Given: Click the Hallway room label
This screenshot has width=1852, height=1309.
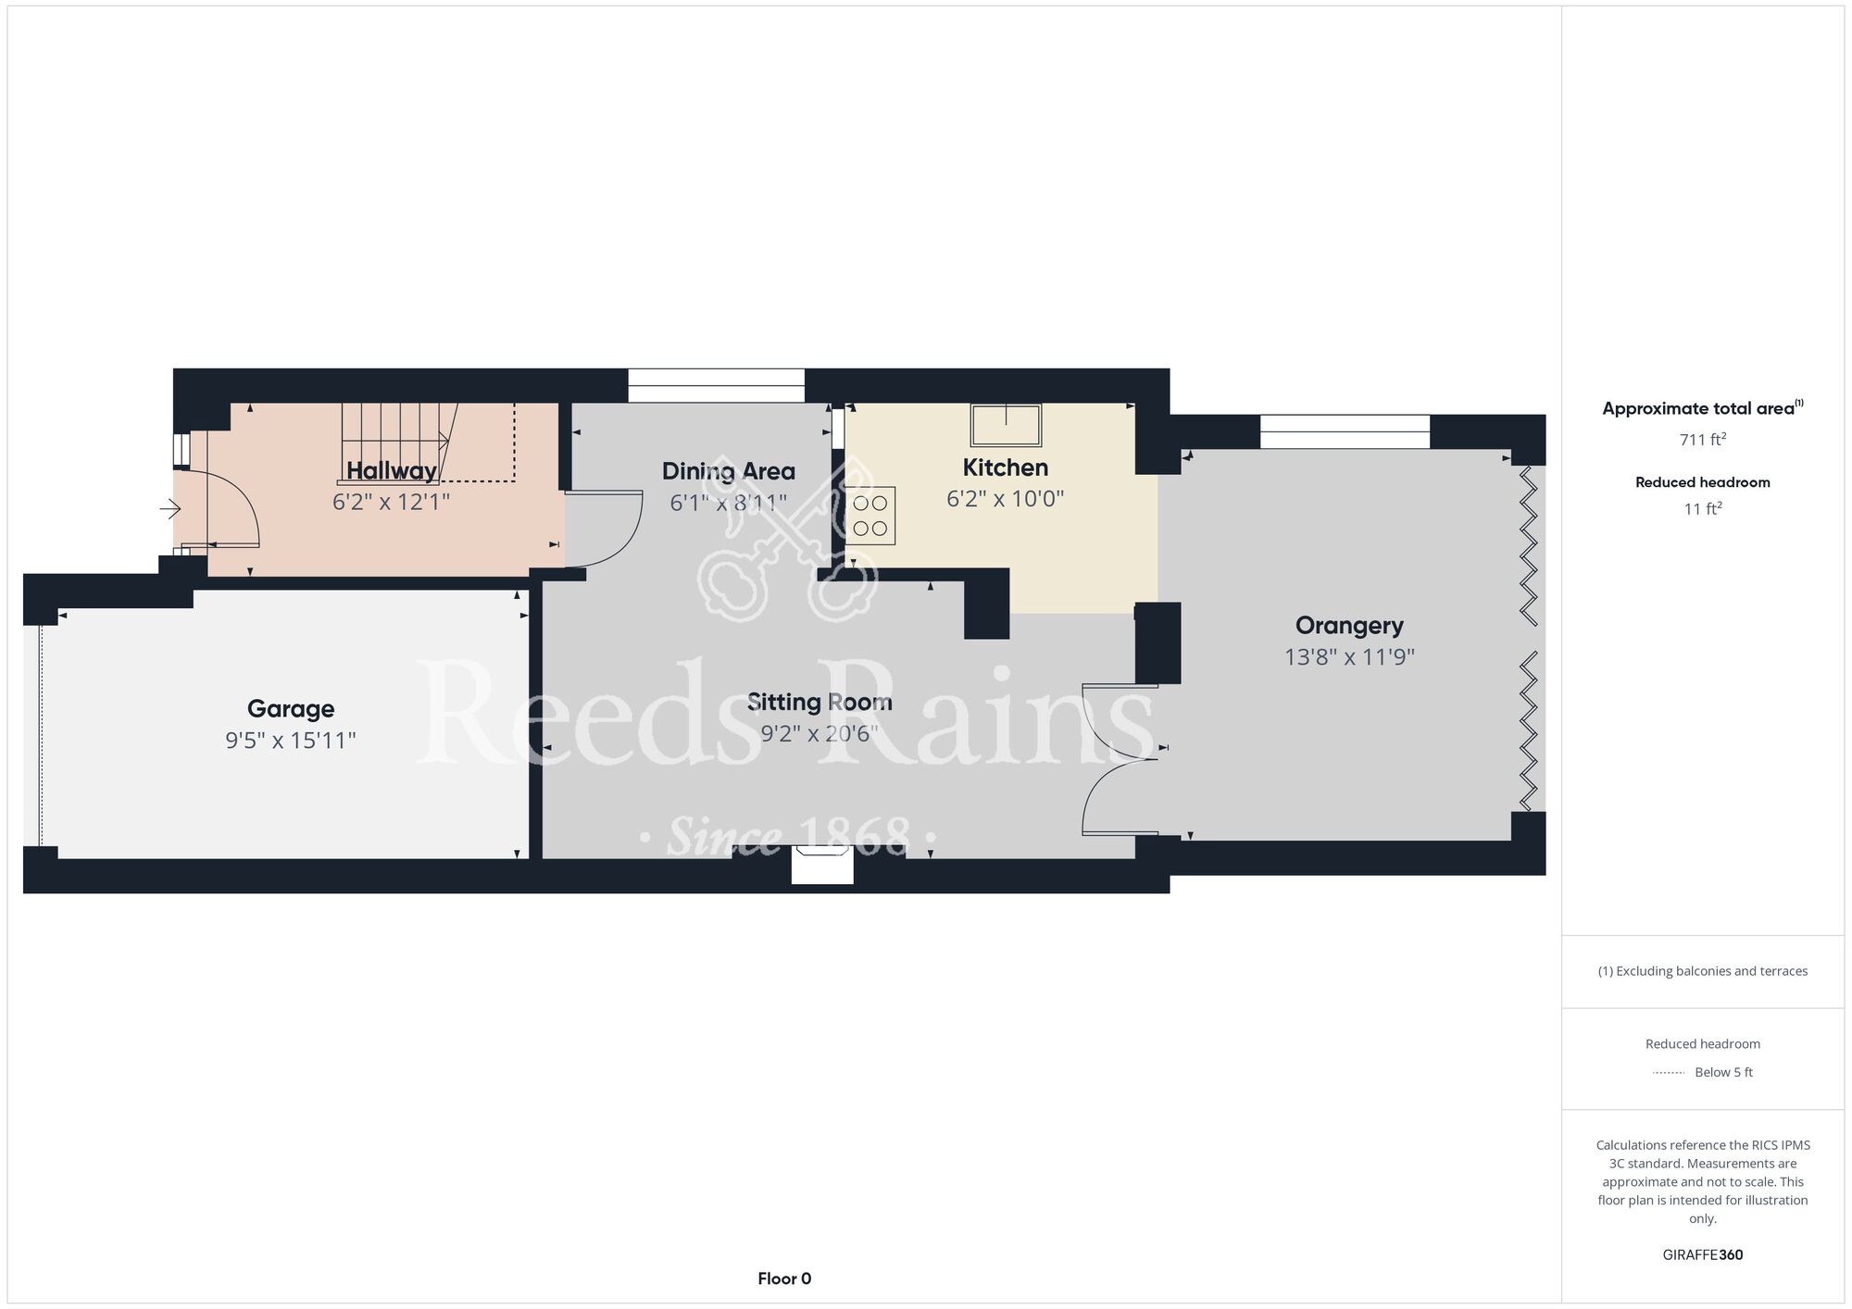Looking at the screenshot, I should point(391,470).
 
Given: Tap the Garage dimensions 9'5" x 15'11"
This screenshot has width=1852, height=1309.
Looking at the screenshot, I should point(291,741).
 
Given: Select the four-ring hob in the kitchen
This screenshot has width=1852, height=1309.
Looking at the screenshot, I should point(870,516).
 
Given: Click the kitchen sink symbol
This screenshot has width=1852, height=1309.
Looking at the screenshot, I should point(1006,425).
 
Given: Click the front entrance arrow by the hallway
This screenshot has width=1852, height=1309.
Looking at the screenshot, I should point(170,509).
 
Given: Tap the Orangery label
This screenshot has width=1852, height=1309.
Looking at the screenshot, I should point(1349,626).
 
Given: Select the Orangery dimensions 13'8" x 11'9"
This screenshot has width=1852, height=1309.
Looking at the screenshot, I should point(1349,657).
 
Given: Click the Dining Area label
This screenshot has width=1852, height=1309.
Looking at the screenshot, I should point(728,471).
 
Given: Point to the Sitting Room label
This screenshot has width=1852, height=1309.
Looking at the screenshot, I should point(820,703).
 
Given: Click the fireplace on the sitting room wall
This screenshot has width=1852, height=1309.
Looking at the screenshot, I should point(822,865).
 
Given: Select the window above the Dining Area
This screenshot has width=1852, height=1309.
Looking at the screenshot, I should point(716,385).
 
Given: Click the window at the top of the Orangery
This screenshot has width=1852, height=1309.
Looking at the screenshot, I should point(1345,431).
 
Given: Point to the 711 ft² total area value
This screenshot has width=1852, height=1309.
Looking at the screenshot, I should point(1702,440).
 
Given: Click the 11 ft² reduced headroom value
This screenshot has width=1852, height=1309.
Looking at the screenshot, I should point(1702,509).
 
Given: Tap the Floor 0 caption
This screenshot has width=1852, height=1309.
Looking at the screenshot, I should point(784,1278).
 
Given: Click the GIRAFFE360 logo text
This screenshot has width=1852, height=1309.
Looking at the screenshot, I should point(1702,1255).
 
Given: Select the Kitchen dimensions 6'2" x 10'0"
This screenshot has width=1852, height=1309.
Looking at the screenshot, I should point(1005,500).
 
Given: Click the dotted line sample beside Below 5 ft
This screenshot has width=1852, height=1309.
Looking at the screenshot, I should point(1668,1073).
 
